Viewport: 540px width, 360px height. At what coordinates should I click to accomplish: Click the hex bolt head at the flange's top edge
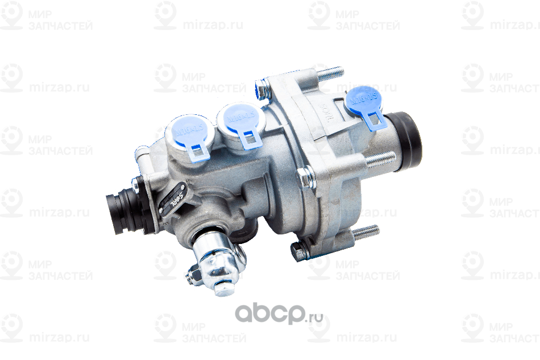(262, 88)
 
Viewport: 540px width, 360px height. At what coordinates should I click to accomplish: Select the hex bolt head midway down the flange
(305, 176)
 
